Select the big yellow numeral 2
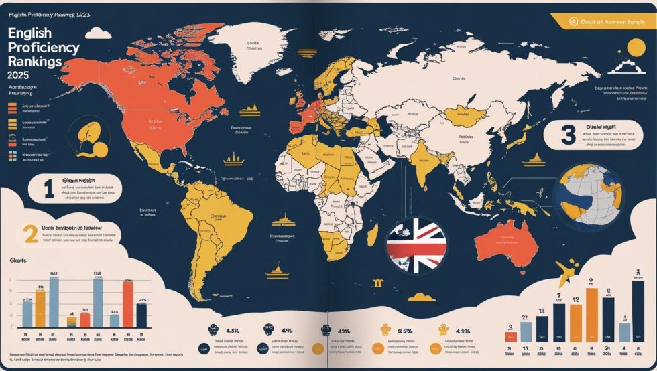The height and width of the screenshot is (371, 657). (x=29, y=234)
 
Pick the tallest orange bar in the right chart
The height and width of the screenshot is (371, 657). (x=592, y=315)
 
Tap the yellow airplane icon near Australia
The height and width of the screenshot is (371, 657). (x=568, y=270)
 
